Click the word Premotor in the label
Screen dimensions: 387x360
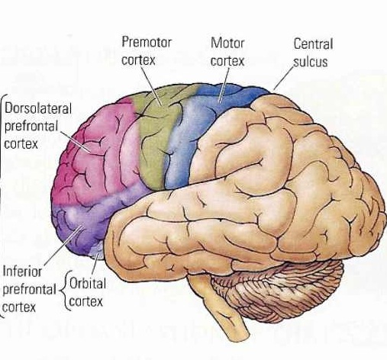(147, 42)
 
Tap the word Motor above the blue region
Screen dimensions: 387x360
(227, 43)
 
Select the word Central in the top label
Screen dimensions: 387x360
(313, 43)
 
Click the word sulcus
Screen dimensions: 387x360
(311, 62)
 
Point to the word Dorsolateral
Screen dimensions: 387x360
(38, 108)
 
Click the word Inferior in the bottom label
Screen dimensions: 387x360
(22, 272)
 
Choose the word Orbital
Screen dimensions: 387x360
(88, 283)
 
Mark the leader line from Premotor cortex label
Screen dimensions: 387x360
(151, 86)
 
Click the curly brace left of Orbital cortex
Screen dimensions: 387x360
(64, 291)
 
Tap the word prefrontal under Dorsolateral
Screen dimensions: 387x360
(31, 126)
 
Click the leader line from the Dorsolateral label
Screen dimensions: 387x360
(76, 142)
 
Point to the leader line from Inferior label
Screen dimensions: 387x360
(63, 245)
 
